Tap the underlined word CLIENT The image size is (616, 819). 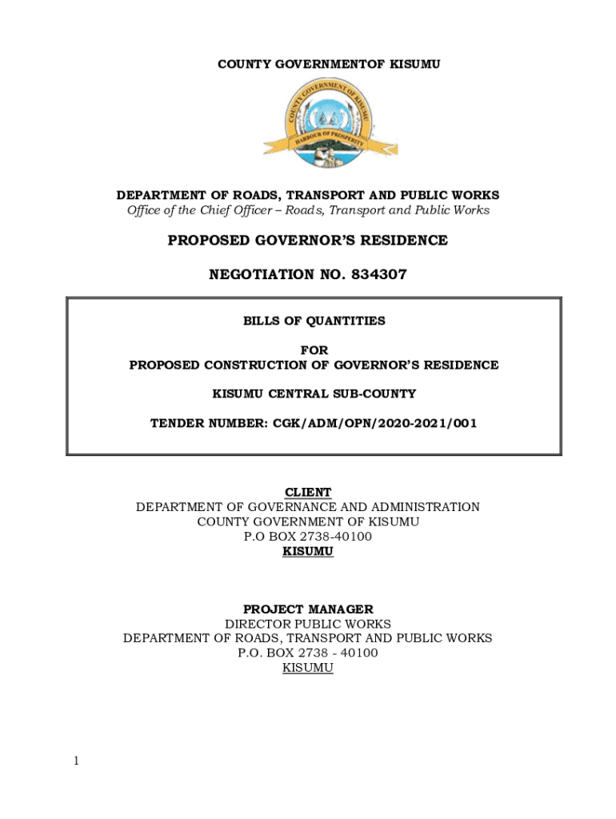[x=308, y=492]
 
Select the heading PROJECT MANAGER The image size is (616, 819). [x=308, y=609]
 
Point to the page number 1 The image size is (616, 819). [x=76, y=761]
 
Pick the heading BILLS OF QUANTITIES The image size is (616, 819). [x=314, y=321]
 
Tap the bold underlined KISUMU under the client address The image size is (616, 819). [x=308, y=551]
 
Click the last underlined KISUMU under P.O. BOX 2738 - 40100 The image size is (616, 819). [x=308, y=668]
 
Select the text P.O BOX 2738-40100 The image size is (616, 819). [x=308, y=537]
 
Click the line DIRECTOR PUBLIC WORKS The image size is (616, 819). [x=308, y=624]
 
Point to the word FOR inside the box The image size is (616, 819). [x=314, y=350]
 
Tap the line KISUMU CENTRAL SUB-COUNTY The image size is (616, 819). [x=314, y=394]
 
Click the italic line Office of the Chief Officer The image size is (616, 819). [x=308, y=210]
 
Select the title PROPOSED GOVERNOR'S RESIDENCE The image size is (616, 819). [x=308, y=241]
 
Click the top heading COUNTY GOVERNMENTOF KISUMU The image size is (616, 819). [x=329, y=63]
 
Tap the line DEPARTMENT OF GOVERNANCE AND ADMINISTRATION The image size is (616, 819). [x=308, y=507]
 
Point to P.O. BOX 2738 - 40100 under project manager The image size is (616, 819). [x=308, y=653]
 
